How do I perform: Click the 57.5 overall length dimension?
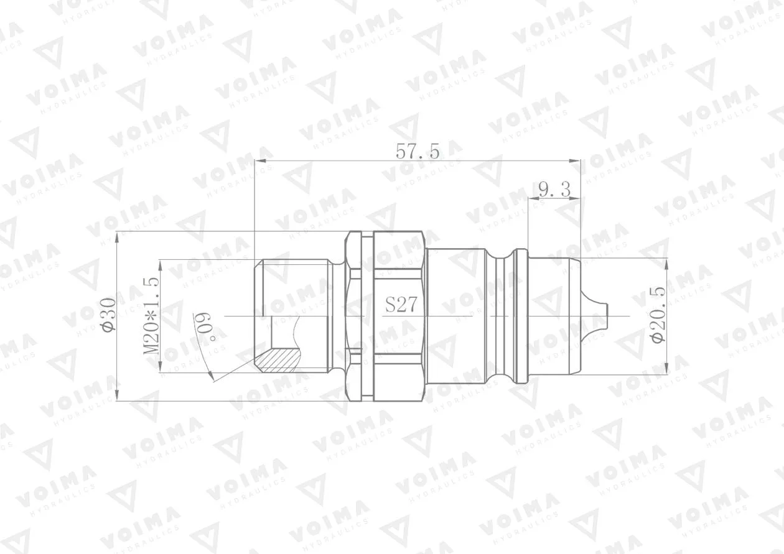418,152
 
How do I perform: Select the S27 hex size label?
401,305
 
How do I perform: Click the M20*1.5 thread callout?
151,315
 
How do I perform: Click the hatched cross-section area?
278,359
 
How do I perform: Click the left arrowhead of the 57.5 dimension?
259,161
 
